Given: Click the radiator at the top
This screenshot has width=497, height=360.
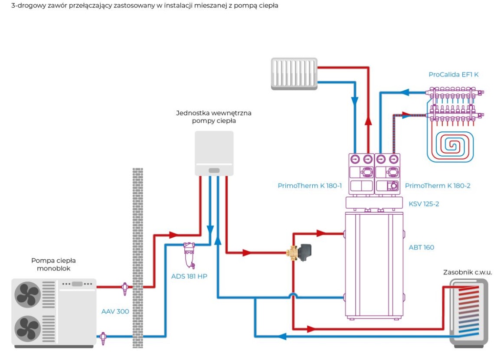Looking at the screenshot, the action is click(x=294, y=74).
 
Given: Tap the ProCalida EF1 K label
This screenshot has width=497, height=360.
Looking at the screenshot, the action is click(x=453, y=75).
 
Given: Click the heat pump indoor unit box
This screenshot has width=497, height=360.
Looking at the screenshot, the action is click(x=214, y=154).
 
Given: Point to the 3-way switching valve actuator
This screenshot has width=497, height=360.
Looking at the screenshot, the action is click(x=305, y=252).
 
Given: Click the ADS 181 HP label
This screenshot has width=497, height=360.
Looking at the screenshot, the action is click(x=189, y=276).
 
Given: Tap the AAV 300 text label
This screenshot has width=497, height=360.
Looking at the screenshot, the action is click(x=115, y=311).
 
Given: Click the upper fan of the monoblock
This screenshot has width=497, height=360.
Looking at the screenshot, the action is click(x=28, y=295).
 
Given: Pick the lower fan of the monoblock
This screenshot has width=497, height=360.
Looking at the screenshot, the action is click(x=28, y=328).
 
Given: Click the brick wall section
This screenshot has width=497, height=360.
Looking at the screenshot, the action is click(x=137, y=258).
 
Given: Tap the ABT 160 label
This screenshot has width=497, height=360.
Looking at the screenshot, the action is click(x=421, y=248).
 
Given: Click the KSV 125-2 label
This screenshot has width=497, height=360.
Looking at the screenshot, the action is click(x=424, y=204).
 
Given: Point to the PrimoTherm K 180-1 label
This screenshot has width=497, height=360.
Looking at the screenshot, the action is click(x=310, y=186).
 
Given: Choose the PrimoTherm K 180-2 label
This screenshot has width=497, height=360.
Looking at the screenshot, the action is click(x=438, y=186).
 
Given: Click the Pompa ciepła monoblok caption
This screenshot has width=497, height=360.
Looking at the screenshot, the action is click(x=54, y=264).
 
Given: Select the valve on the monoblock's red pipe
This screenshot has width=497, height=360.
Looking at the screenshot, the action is click(x=125, y=288).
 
